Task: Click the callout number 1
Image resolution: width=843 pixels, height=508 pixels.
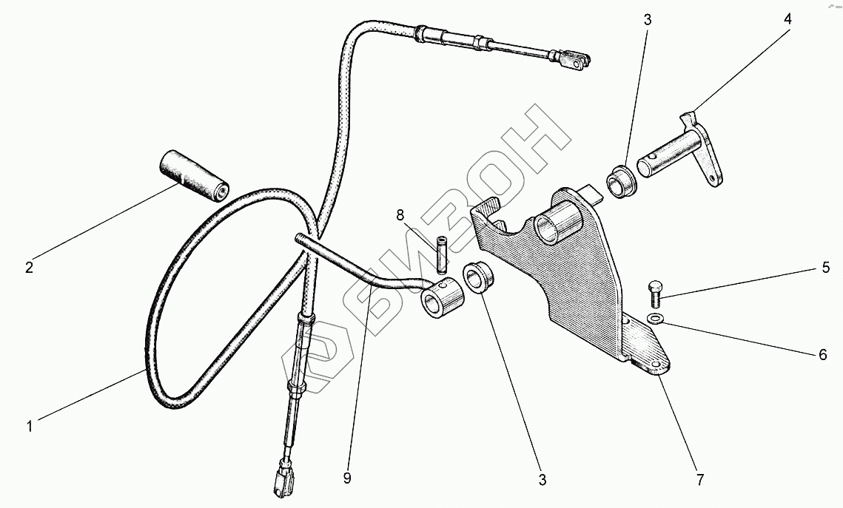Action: pyautogui.click(x=29, y=426)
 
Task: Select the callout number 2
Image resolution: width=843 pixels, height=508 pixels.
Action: pyautogui.click(x=29, y=268)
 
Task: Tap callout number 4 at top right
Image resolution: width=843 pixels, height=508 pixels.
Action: pyautogui.click(x=787, y=19)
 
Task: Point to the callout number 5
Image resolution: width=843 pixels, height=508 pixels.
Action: pyautogui.click(x=826, y=268)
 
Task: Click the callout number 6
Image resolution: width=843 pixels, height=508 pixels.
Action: pyautogui.click(x=822, y=355)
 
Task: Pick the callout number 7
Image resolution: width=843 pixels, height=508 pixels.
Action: pyautogui.click(x=699, y=480)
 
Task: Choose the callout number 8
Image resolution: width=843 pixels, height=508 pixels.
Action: pyautogui.click(x=400, y=216)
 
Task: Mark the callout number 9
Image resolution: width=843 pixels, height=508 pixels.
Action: pyautogui.click(x=347, y=478)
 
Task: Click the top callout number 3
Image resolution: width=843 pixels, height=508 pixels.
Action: pyautogui.click(x=647, y=19)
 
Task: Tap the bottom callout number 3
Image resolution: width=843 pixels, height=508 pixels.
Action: pyautogui.click(x=542, y=481)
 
